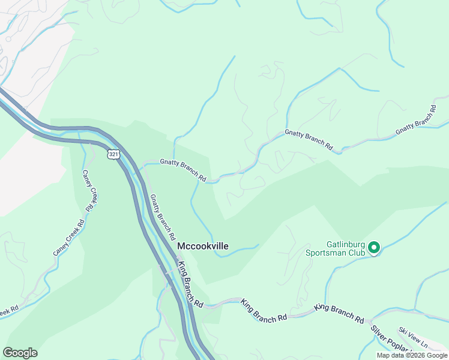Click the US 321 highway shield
point(114,154)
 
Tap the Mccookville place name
point(202,245)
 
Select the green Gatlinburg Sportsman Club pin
point(373,247)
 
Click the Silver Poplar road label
point(390,340)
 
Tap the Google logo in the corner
point(20,353)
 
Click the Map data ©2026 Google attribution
point(412,355)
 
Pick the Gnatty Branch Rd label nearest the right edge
point(415,123)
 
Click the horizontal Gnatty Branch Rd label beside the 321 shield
point(183,170)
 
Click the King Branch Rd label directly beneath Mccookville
point(190,284)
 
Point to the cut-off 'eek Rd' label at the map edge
point(9,311)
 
